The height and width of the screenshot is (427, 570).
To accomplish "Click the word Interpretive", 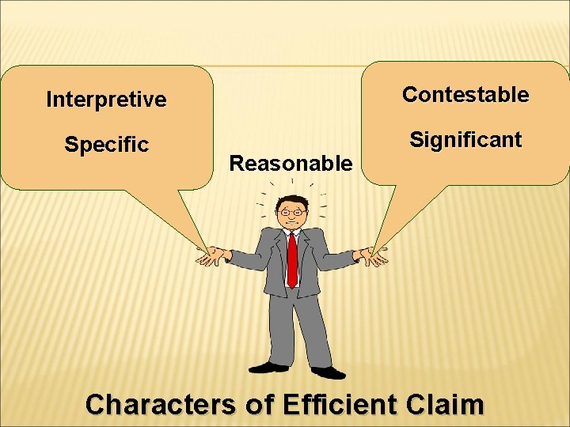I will (106, 100).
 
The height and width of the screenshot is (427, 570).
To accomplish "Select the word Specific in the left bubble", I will (106, 145).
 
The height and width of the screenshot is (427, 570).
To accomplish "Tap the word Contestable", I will (465, 95).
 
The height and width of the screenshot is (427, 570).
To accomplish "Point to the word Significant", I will (465, 141).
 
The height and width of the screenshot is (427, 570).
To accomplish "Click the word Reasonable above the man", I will (290, 164).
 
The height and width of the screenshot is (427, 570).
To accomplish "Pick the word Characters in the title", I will (159, 405).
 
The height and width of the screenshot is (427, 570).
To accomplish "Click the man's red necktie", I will (292, 259).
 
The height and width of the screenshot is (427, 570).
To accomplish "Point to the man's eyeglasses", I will (292, 212).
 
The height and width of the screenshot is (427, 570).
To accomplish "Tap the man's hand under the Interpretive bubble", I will (212, 255).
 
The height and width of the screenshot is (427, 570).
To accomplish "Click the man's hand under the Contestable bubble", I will (372, 256).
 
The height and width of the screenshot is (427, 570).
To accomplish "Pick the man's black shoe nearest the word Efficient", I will (327, 371).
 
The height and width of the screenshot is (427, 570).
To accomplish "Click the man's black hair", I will (292, 201).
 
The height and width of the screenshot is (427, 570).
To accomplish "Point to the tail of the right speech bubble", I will (388, 221).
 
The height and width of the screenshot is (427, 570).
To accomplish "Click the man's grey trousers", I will (297, 324).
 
